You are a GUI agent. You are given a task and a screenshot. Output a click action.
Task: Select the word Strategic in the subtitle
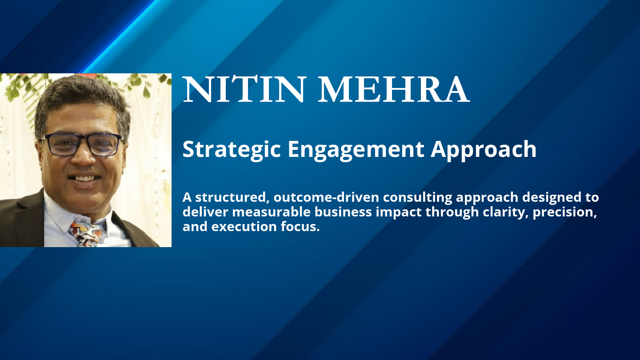pos(232,149)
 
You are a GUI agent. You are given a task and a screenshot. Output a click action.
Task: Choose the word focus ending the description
pos(303,227)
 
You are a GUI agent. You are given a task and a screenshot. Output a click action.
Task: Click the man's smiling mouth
pos(84,178)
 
